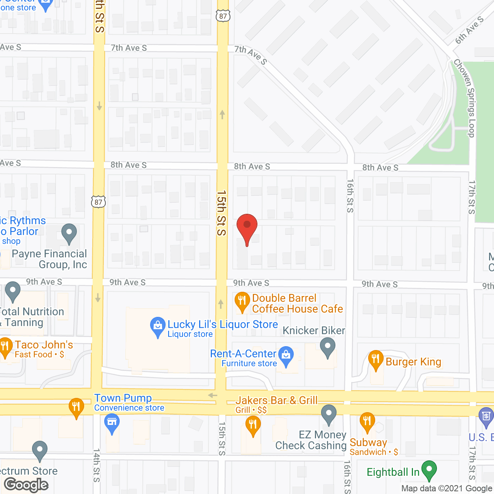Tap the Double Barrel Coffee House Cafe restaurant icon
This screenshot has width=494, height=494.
pos(242,302)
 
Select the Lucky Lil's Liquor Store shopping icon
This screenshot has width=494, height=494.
pos(157,327)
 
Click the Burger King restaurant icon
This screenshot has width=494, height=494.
pos(376,360)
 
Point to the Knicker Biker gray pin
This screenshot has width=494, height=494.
pos(328,347)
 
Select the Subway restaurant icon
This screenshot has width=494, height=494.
pos(367,422)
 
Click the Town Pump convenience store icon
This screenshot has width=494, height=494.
pos(112,423)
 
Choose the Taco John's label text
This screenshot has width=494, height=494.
pos(44,345)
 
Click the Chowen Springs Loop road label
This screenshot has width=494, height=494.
pos(465,98)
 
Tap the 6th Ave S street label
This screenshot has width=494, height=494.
pos(469,30)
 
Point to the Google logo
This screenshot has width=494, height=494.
pos(26,485)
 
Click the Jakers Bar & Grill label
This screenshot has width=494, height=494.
pos(276,400)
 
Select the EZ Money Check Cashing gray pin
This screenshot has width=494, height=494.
pos(329,414)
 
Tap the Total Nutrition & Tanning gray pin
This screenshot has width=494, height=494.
pos(13,291)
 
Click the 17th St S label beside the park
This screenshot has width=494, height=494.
pos(472,197)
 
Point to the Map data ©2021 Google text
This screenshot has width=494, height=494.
pos(447,489)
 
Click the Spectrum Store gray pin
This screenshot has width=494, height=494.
pos(40,450)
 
